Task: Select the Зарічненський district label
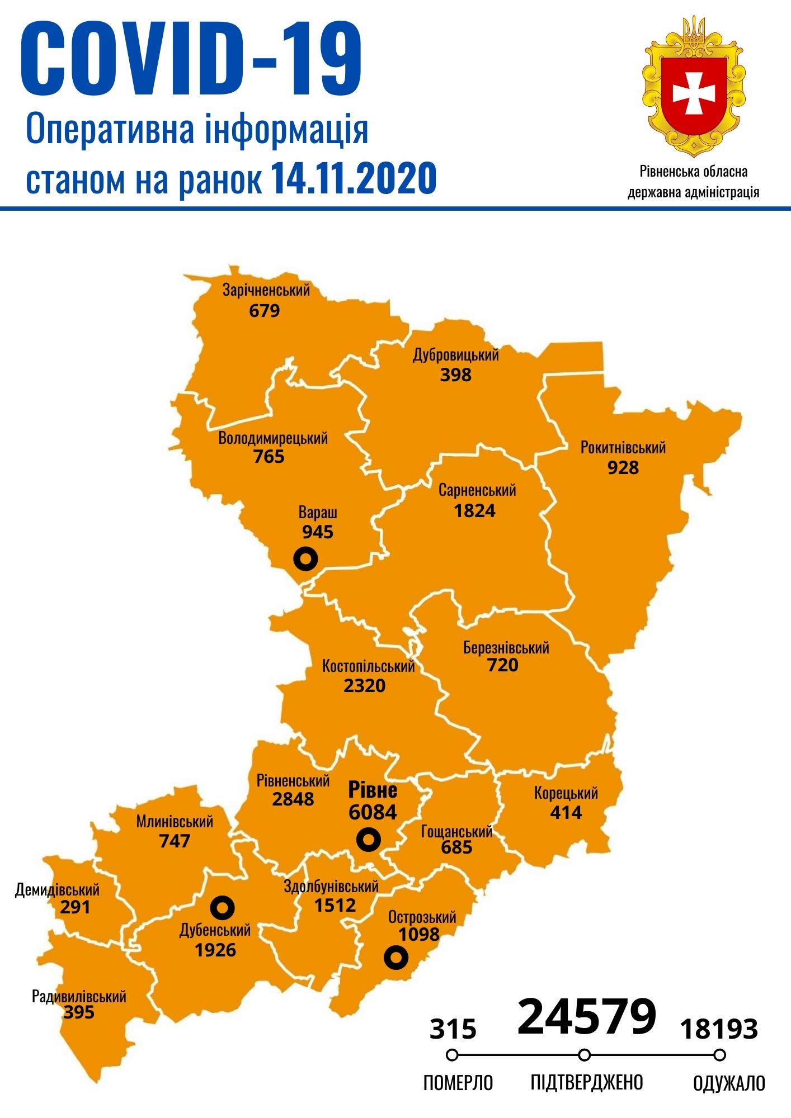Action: click(266, 290)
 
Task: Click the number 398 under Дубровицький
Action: click(455, 375)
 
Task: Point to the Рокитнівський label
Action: click(623, 448)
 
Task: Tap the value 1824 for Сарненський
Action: click(474, 511)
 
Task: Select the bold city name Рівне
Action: click(373, 790)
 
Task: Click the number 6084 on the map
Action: click(373, 812)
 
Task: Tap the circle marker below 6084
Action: click(369, 840)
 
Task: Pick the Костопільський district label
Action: click(368, 666)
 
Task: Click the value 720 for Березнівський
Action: click(502, 665)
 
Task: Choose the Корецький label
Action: click(566, 793)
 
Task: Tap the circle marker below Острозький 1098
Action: click(396, 958)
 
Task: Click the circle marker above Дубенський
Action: click(222, 908)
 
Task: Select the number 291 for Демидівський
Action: click(75, 907)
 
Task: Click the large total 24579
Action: click(586, 1016)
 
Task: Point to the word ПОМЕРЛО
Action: click(458, 1083)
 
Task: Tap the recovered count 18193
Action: click(719, 1029)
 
